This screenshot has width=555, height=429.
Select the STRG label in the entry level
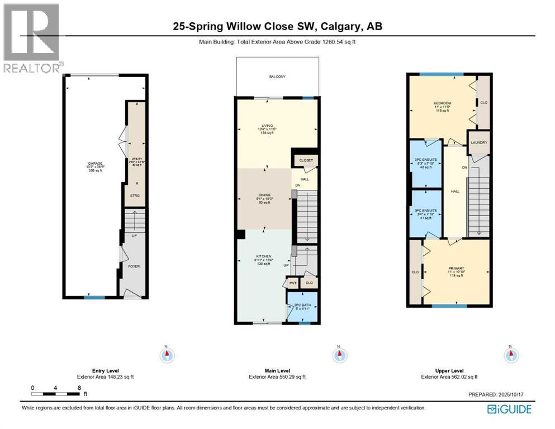(x=135, y=195)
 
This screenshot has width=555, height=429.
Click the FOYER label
(x=134, y=266)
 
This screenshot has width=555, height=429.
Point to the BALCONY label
(x=277, y=77)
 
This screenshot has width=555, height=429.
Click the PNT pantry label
(x=293, y=283)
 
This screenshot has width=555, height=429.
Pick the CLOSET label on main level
(x=306, y=160)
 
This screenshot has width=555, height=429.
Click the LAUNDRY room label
(x=479, y=142)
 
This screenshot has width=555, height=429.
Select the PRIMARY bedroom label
(x=456, y=268)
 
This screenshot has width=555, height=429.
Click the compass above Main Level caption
(x=338, y=355)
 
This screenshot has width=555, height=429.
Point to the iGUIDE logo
(x=509, y=409)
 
